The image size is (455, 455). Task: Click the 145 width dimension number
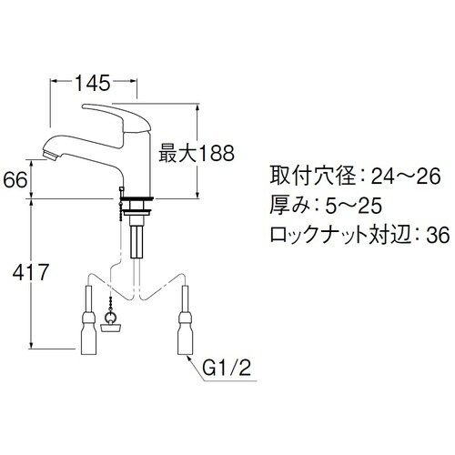(92, 83)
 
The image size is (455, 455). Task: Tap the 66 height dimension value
(15, 180)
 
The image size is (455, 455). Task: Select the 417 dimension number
(31, 272)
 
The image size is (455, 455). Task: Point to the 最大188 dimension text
(197, 153)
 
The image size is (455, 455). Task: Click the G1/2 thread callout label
(227, 368)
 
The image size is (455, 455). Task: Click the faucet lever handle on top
(116, 117)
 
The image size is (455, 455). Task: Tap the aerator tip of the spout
(51, 155)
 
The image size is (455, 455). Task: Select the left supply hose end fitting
(88, 334)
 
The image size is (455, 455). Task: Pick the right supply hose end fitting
(185, 334)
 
